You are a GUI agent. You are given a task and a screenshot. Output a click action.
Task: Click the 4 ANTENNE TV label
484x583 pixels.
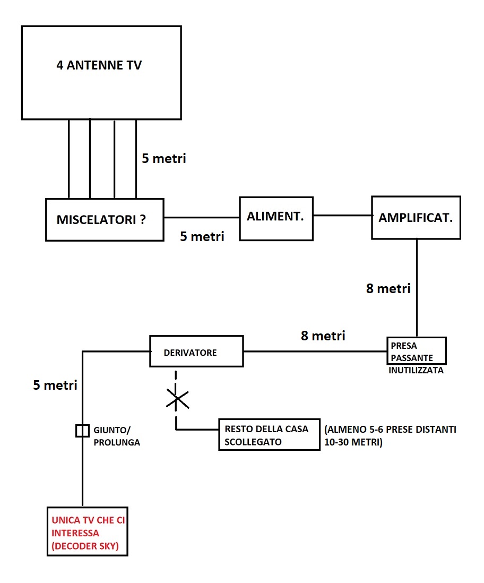pos(99,65)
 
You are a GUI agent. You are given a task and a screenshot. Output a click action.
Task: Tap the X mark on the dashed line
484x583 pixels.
pos(177,399)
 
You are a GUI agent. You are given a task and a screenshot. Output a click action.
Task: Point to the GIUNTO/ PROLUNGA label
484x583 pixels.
pos(117,436)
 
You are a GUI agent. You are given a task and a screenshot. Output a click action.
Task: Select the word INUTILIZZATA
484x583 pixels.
pos(416,370)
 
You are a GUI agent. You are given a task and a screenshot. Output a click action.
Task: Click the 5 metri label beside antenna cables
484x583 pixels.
pos(164,158)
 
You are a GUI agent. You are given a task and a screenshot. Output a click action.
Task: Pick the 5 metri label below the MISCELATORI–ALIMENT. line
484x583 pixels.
pos(202,236)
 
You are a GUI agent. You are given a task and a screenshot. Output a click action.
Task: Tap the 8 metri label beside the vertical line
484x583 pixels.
pos(388,288)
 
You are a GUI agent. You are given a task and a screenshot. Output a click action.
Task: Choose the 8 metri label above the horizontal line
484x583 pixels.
pos(323,336)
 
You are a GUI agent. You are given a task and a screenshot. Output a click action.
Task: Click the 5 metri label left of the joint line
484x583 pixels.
pos(55,385)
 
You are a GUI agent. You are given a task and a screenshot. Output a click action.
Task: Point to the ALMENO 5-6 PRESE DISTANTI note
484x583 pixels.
pos(390,436)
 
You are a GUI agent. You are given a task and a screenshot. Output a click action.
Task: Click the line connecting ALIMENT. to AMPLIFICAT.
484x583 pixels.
pos(342,215)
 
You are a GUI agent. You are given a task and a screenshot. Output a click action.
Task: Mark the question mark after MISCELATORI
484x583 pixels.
pos(143,220)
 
